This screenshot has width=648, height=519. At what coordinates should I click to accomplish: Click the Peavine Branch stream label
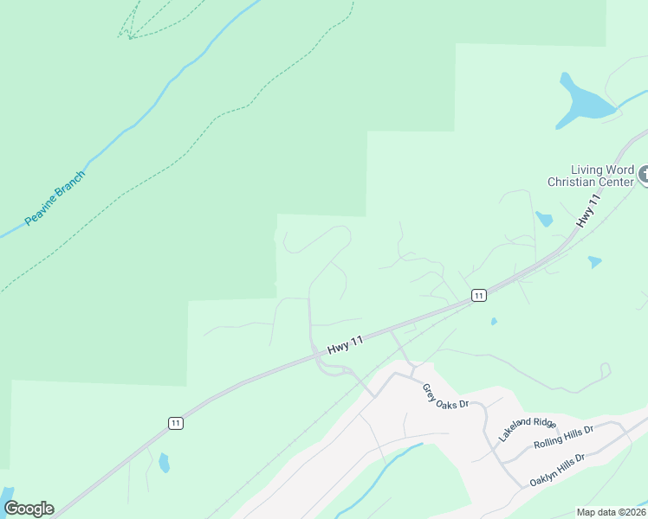(55, 199)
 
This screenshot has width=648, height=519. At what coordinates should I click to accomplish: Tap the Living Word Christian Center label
(591, 176)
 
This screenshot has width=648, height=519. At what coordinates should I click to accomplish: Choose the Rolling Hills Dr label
(563, 436)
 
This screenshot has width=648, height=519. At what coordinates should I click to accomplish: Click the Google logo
(29, 509)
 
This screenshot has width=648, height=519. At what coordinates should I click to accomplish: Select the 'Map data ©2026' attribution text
(611, 512)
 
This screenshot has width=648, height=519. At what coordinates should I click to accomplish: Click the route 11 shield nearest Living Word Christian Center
(478, 296)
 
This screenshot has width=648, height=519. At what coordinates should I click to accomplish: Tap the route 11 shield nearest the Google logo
(176, 423)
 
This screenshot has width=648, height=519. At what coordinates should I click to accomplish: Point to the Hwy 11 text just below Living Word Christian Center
(588, 212)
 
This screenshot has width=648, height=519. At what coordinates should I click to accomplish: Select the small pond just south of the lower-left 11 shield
(164, 463)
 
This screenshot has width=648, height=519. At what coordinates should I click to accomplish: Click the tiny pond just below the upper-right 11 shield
(493, 321)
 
